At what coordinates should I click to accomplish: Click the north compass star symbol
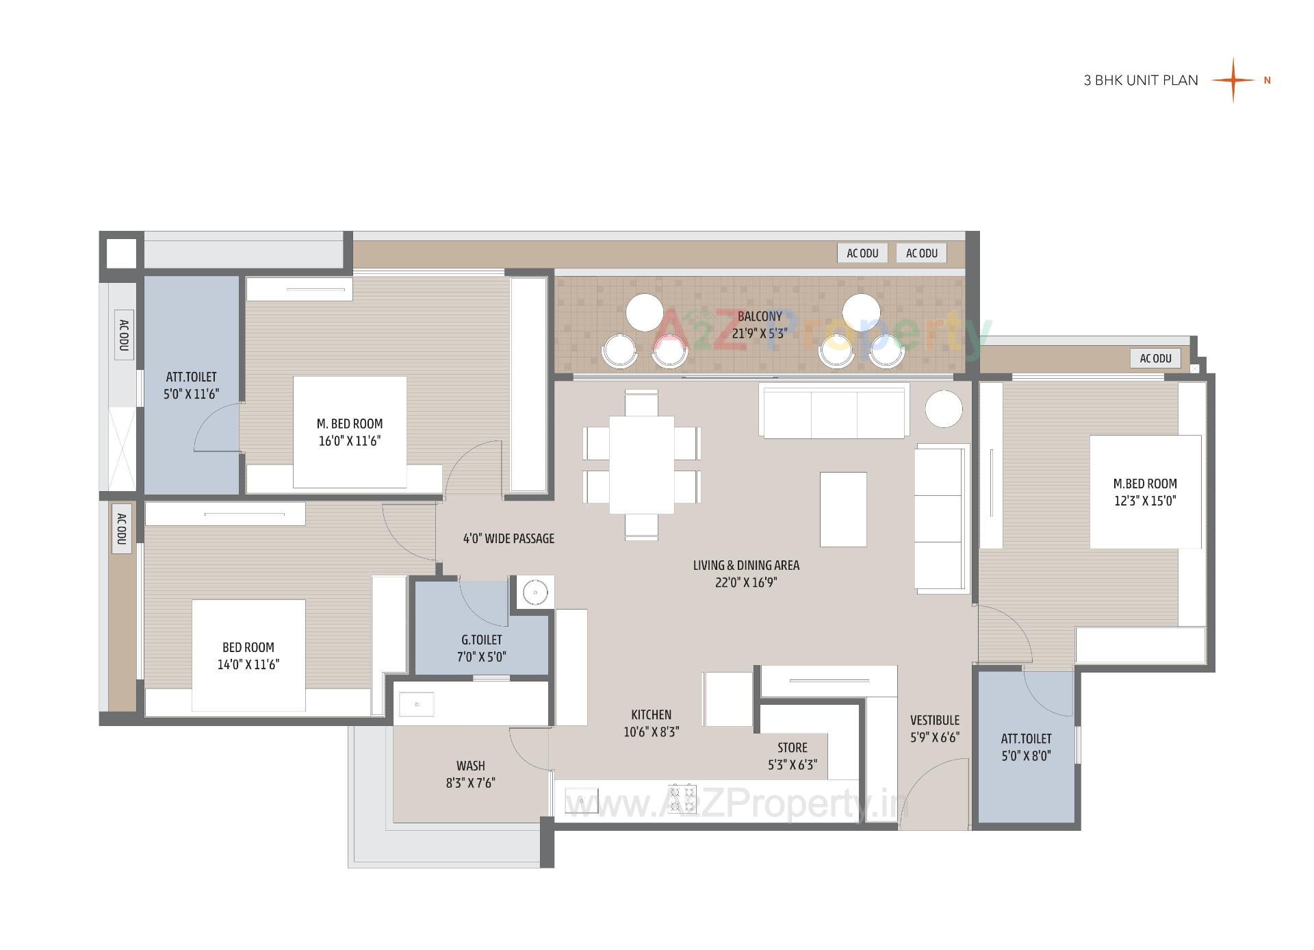(x=1233, y=80)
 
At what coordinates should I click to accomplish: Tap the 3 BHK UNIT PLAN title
(x=1140, y=80)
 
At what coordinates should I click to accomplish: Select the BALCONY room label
(x=759, y=316)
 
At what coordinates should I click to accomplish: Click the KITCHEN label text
(x=651, y=714)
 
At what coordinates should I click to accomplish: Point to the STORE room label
(x=792, y=748)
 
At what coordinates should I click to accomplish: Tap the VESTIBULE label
(x=934, y=721)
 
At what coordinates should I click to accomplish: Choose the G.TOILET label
(x=481, y=640)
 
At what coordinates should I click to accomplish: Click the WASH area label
(x=470, y=766)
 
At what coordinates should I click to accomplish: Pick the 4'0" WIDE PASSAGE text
(x=508, y=538)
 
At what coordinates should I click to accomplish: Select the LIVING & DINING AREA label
(x=746, y=565)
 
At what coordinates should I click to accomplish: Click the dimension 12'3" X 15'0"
(x=1144, y=501)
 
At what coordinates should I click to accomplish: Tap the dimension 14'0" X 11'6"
(x=248, y=664)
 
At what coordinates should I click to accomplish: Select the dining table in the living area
(x=641, y=464)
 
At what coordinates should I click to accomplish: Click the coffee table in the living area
(x=843, y=509)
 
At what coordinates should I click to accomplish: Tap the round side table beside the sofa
(x=944, y=409)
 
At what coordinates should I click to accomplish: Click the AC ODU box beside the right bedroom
(x=1155, y=358)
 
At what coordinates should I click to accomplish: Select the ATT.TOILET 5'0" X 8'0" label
(x=1026, y=747)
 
